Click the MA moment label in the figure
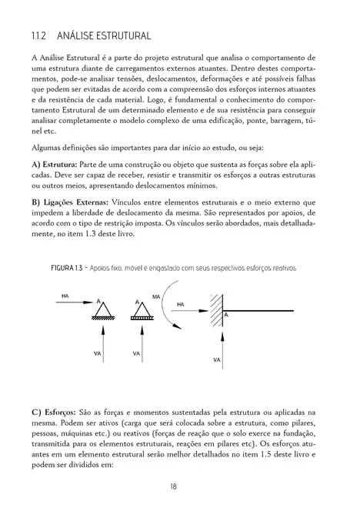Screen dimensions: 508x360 click(157, 296)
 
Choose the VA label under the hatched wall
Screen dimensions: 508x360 click(218, 359)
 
